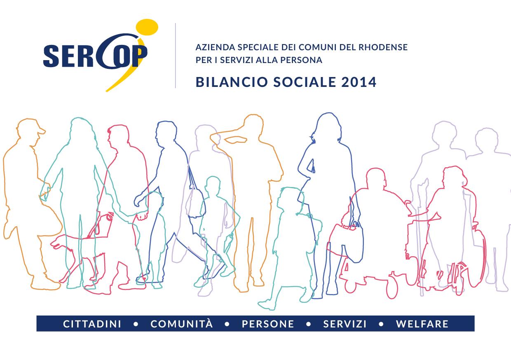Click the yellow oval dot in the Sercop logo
(x=147, y=27)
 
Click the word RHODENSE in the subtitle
(x=383, y=47)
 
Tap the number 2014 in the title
(x=359, y=82)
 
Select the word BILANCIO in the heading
(x=232, y=82)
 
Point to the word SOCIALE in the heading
(x=305, y=82)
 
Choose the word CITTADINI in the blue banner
(x=92, y=324)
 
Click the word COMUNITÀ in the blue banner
(x=182, y=323)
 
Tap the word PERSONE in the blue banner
(x=268, y=324)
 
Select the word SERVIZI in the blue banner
(x=345, y=324)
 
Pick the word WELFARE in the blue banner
(x=422, y=324)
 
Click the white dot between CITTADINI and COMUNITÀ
(x=136, y=324)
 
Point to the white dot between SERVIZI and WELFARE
(x=381, y=324)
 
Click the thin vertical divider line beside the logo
(x=175, y=56)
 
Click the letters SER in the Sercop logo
(x=68, y=56)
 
